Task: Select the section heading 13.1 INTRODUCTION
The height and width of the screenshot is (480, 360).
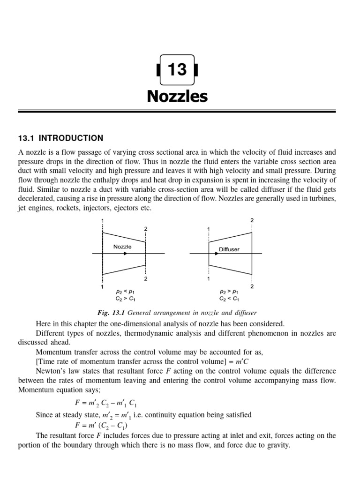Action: pos(60,138)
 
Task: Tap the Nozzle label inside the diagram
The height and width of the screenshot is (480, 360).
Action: pos(122,247)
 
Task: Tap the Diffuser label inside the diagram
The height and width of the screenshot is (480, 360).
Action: pos(229,249)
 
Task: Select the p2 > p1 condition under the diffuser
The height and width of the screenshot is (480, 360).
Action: pos(229,291)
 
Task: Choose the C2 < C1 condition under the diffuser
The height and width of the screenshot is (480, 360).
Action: pos(229,298)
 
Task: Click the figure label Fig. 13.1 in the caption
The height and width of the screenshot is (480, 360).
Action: pos(110,313)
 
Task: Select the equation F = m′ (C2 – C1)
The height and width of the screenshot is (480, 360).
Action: pos(100,425)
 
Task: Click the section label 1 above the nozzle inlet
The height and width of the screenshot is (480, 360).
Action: pos(102,221)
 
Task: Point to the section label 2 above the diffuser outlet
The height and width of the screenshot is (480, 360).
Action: pos(252,220)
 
